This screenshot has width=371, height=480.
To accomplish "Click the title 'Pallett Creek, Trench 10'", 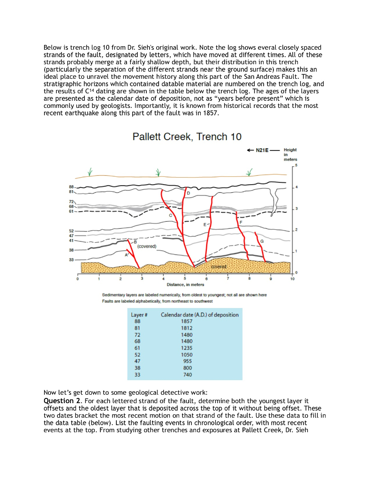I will click(x=187, y=137).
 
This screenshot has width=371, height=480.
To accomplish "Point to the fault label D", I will click(x=189, y=193).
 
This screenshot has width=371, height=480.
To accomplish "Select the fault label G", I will click(x=262, y=240).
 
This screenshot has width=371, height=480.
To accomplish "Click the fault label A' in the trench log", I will click(x=126, y=255).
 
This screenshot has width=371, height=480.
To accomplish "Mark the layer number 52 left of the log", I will click(x=72, y=231).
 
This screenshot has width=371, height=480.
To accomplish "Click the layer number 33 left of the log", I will click(x=72, y=260).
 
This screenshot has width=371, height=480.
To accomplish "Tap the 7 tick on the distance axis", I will click(x=227, y=279).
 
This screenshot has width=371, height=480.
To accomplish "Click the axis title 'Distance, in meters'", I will click(x=185, y=285).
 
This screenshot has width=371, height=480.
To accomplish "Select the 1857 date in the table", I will click(x=187, y=322).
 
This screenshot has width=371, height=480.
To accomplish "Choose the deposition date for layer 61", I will click(x=187, y=348).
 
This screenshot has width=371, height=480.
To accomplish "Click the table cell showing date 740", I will click(x=187, y=375).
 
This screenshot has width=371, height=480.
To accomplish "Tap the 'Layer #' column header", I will click(x=139, y=315).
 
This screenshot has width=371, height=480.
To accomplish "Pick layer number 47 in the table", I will click(x=137, y=361).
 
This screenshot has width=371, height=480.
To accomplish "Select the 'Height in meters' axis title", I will click(x=290, y=154).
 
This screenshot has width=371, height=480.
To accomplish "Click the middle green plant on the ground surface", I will click(x=158, y=172).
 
